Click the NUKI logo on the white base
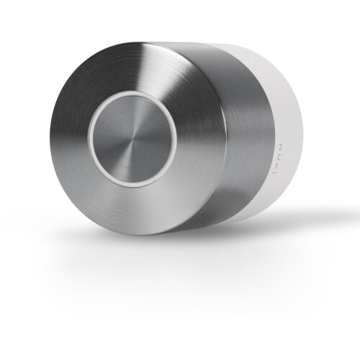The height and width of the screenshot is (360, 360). coord(279,159)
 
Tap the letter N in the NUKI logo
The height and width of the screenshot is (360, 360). coord(279,147)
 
